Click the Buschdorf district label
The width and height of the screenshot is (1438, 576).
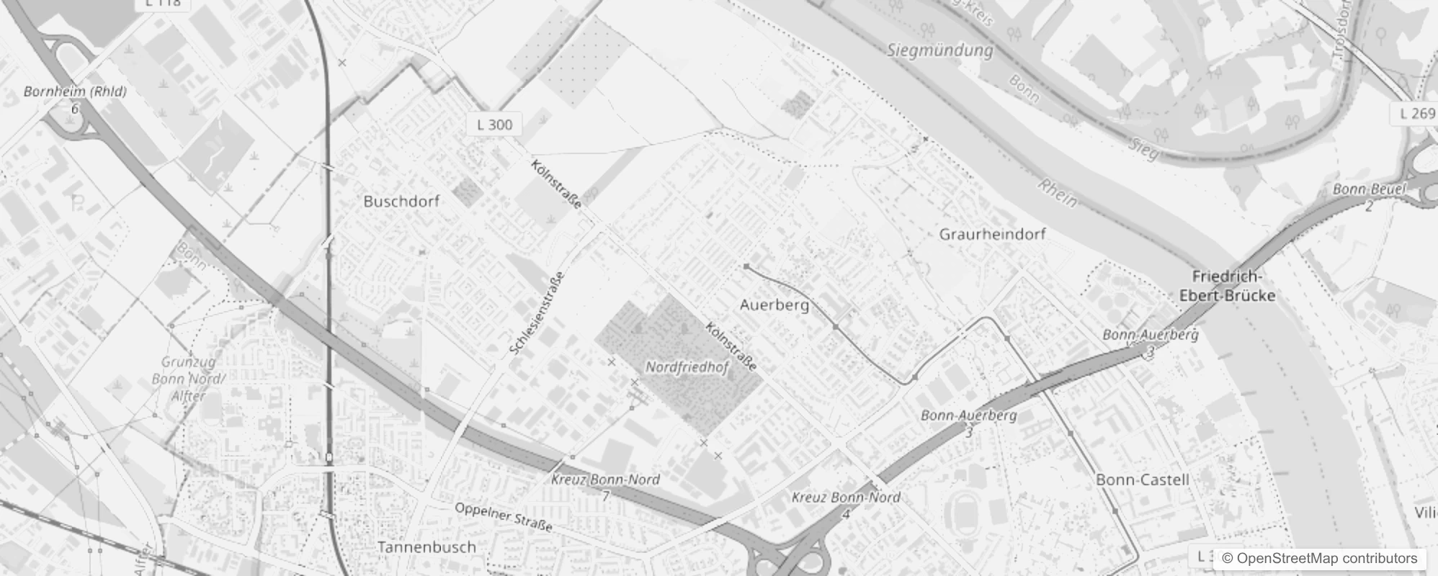click(x=401, y=202)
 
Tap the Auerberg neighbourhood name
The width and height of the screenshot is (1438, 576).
click(x=774, y=305)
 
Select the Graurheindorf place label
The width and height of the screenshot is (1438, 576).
click(x=992, y=234)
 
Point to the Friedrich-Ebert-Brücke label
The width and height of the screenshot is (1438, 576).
click(x=1227, y=287)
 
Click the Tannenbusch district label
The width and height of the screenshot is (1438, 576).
click(x=427, y=547)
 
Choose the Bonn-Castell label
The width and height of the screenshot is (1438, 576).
click(x=1142, y=480)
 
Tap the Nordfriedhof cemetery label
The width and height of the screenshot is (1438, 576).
click(x=687, y=367)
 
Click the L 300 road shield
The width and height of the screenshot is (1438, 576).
click(x=495, y=125)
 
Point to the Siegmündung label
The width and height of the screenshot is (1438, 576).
click(x=940, y=50)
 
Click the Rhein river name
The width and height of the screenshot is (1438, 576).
click(x=1057, y=193)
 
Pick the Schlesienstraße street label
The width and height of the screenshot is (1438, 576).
click(x=537, y=313)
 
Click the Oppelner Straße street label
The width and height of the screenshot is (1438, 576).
click(x=503, y=517)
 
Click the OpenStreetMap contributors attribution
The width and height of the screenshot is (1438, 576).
click(x=1319, y=558)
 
